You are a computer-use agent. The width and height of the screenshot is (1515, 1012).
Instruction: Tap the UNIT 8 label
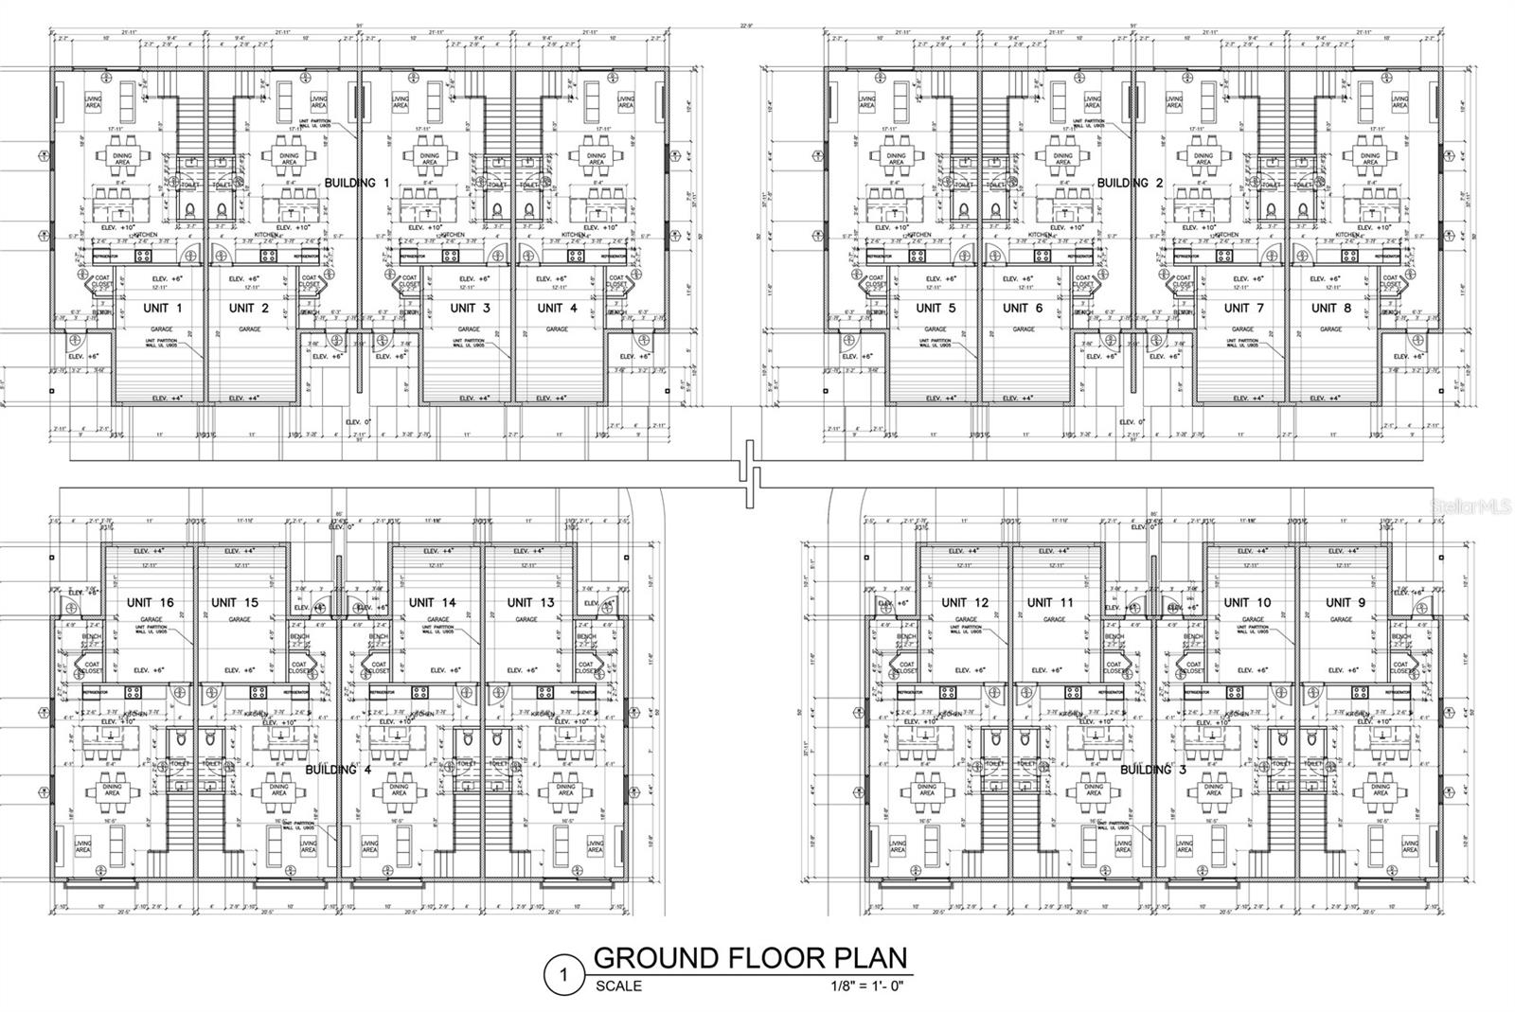[1331, 308]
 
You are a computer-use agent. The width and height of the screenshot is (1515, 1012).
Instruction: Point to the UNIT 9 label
[1345, 602]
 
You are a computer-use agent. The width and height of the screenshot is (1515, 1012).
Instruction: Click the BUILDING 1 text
[357, 182]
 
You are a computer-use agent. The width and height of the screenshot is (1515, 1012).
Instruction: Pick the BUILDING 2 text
[1129, 182]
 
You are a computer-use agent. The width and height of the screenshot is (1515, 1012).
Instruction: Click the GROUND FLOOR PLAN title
[750, 957]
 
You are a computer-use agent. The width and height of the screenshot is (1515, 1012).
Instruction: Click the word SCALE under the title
[618, 985]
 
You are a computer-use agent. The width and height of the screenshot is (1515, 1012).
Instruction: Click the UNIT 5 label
[936, 308]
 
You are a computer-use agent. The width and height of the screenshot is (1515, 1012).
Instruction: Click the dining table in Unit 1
[121, 157]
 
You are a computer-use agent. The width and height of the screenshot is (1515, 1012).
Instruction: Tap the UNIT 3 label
[470, 308]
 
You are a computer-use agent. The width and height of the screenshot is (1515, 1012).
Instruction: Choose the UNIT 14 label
[432, 602]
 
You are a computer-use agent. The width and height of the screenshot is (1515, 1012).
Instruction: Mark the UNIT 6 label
[1022, 308]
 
